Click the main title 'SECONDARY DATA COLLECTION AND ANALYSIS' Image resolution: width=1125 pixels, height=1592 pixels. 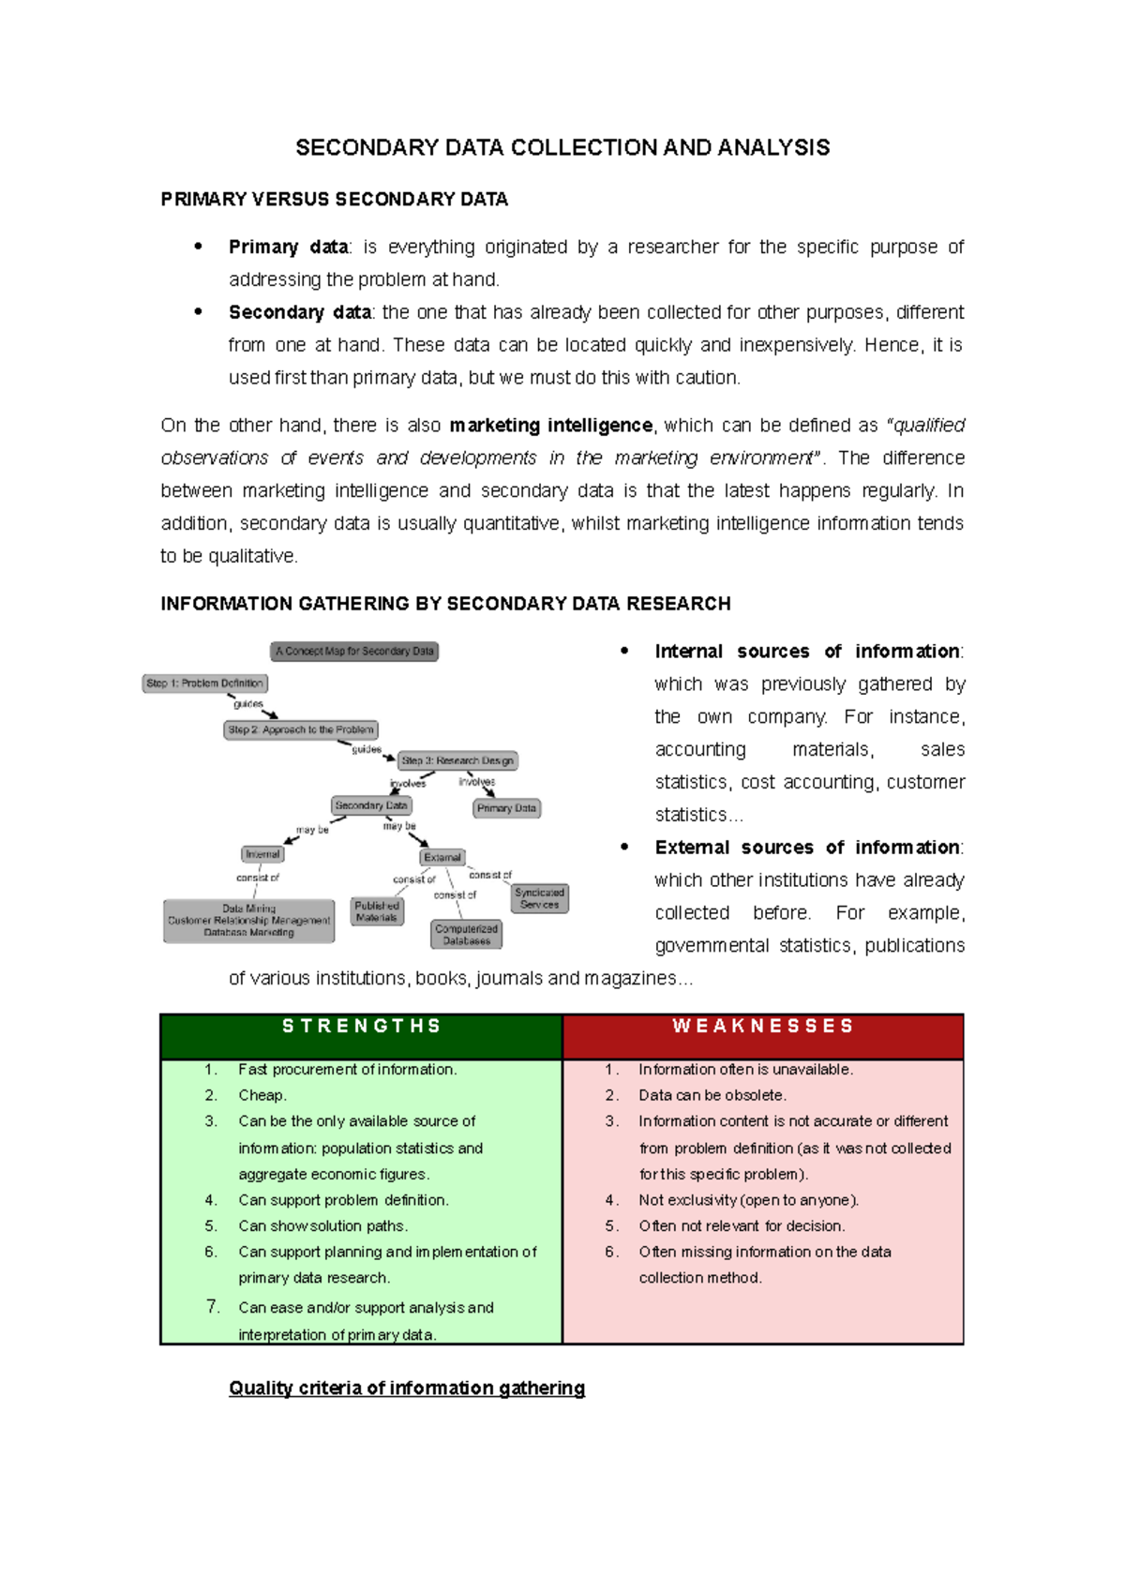(562, 148)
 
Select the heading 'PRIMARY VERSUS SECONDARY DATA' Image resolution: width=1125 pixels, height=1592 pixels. (334, 199)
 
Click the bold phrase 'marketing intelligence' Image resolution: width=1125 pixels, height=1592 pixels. (550, 426)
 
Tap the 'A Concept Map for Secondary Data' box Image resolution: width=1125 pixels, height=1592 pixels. (354, 651)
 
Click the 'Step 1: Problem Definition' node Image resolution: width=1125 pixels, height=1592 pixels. (204, 683)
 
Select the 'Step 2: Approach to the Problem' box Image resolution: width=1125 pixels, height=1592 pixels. (300, 729)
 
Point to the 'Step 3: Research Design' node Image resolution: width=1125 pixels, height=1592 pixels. (457, 760)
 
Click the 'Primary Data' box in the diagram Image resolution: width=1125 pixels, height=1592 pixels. (506, 808)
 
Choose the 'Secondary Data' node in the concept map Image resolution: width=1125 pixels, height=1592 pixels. (371, 805)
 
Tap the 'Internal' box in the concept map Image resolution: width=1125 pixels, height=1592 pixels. (262, 854)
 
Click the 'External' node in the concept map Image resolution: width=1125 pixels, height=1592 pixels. (442, 857)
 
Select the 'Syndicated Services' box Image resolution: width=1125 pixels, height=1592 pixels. (539, 898)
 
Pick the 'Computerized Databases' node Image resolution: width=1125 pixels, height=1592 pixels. (466, 934)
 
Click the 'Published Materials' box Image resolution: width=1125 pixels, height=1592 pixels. (377, 911)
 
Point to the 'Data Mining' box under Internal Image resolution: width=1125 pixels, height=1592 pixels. (248, 921)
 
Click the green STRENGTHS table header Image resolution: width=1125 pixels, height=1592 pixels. (361, 1028)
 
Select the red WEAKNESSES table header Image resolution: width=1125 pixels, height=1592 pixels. (763, 1028)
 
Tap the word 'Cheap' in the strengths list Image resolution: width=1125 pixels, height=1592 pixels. (261, 1095)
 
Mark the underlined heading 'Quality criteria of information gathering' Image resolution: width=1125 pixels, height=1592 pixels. (407, 1389)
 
